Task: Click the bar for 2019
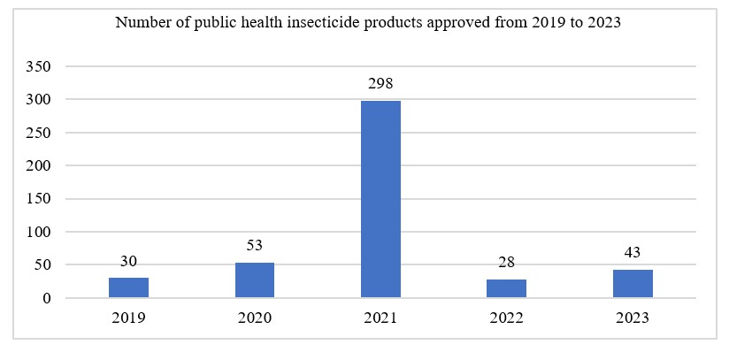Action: [x=128, y=287]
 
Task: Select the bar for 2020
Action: [x=254, y=280]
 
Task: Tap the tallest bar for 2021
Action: [x=380, y=199]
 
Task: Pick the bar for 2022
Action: [x=506, y=288]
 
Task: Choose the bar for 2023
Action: [x=633, y=283]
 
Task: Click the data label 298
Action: [x=380, y=84]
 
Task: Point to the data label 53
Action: [x=254, y=246]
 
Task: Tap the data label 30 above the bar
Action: [x=128, y=261]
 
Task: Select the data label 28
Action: [x=506, y=263]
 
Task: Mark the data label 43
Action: [x=633, y=253]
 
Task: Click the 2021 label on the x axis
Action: [x=380, y=319]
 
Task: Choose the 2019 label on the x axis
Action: [x=128, y=319]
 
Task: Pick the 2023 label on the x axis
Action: [x=633, y=319]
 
